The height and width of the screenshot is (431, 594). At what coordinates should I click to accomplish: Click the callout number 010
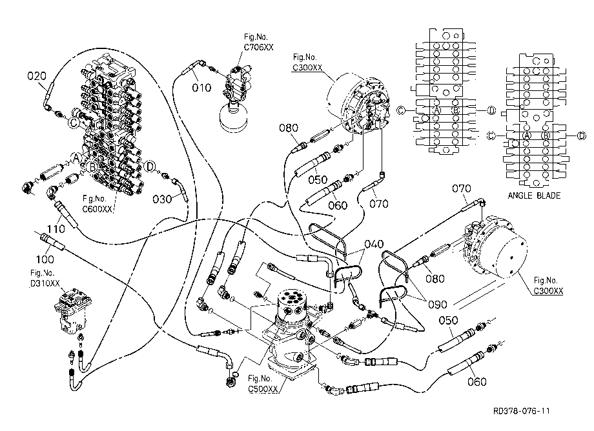201,88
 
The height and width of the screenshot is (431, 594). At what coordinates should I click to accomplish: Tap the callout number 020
37,76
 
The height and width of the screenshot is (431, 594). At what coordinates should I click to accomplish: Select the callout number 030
162,199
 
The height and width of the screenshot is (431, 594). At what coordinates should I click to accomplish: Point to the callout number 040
374,244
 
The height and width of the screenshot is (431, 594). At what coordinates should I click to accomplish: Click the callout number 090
438,305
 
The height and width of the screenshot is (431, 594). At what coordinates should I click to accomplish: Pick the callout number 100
45,259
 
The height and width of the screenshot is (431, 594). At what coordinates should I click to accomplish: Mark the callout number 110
56,228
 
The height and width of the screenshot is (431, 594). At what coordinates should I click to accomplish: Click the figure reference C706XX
258,47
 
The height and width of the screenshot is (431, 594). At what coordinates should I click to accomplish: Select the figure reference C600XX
97,208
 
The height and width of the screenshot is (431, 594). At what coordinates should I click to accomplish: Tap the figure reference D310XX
45,283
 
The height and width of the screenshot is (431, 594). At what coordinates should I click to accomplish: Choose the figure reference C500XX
263,388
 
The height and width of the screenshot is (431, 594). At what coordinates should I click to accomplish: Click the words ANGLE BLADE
534,195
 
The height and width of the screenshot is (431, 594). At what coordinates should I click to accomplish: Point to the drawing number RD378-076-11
521,411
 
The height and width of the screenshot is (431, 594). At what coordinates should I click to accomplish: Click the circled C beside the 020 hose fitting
74,123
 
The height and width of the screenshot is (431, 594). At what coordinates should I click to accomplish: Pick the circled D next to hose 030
150,166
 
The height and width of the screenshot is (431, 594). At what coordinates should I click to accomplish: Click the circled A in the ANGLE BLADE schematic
527,135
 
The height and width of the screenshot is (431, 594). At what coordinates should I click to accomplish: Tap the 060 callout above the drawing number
477,381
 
